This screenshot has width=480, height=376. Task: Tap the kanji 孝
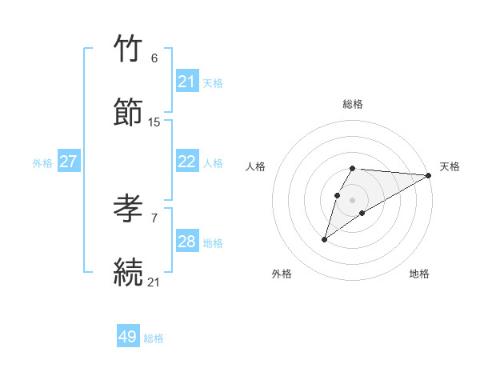[129, 209]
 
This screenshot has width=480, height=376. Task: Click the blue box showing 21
[186, 82]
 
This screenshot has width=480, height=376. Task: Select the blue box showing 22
[186, 162]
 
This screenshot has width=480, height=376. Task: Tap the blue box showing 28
[186, 242]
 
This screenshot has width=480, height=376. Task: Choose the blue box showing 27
[68, 162]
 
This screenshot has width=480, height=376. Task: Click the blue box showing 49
[128, 337]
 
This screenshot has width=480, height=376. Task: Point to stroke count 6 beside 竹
[154, 58]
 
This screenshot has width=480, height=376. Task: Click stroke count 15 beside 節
[154, 122]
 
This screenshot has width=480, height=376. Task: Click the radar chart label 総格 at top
[353, 104]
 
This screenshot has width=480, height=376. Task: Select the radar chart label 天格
[450, 166]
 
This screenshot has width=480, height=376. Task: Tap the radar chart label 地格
[419, 274]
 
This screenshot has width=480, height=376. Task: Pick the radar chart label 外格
[282, 274]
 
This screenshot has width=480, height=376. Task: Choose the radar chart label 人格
[256, 166]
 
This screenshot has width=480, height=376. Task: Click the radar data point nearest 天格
[429, 175]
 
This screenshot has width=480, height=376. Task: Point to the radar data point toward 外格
[324, 239]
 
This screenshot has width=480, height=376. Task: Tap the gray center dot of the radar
[353, 199]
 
